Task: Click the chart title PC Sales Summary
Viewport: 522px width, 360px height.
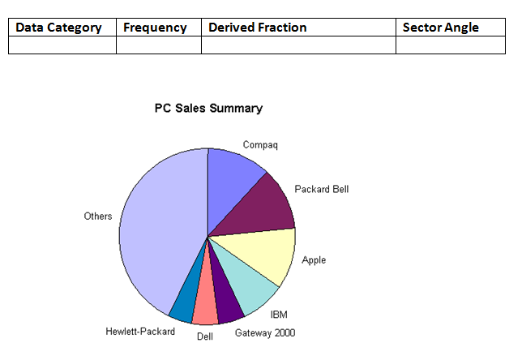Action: (x=208, y=109)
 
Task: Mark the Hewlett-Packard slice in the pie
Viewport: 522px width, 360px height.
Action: (x=184, y=302)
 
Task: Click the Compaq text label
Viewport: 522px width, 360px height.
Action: (x=260, y=145)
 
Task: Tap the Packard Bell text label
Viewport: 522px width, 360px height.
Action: (x=321, y=190)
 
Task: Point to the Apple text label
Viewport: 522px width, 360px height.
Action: (x=314, y=260)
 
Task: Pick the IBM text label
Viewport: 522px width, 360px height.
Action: (x=279, y=314)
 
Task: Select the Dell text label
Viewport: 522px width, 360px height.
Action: (x=205, y=336)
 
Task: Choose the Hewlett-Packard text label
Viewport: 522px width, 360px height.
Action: (x=140, y=332)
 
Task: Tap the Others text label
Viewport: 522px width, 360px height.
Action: (x=98, y=216)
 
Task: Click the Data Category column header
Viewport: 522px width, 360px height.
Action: (x=58, y=28)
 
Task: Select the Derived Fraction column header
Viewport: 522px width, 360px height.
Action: (x=258, y=28)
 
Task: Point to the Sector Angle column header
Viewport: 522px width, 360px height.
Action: (x=441, y=28)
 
